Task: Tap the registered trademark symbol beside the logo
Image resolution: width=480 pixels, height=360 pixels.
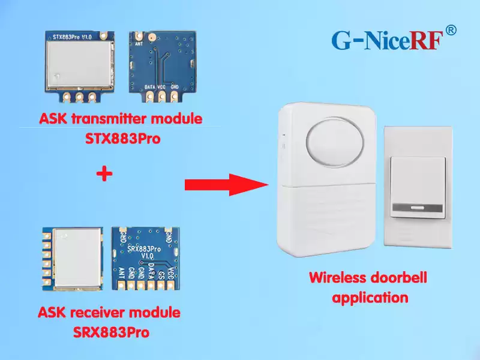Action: pyautogui.click(x=451, y=30)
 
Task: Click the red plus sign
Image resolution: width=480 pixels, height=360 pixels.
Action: pyautogui.click(x=104, y=174)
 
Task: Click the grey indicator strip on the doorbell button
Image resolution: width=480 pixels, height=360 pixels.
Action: pyautogui.click(x=418, y=209)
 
